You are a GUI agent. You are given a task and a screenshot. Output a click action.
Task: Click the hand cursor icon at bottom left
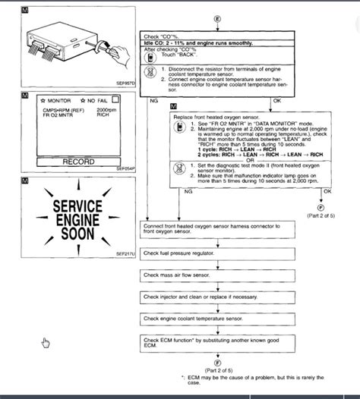[46, 342]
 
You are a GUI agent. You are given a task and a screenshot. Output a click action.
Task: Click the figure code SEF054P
[123, 169]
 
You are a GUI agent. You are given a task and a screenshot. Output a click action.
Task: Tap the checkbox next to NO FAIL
[115, 99]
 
